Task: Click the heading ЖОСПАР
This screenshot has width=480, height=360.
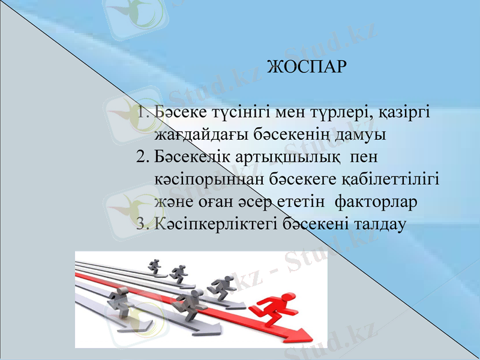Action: (x=306, y=65)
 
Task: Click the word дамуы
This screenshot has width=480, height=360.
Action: (x=362, y=134)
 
